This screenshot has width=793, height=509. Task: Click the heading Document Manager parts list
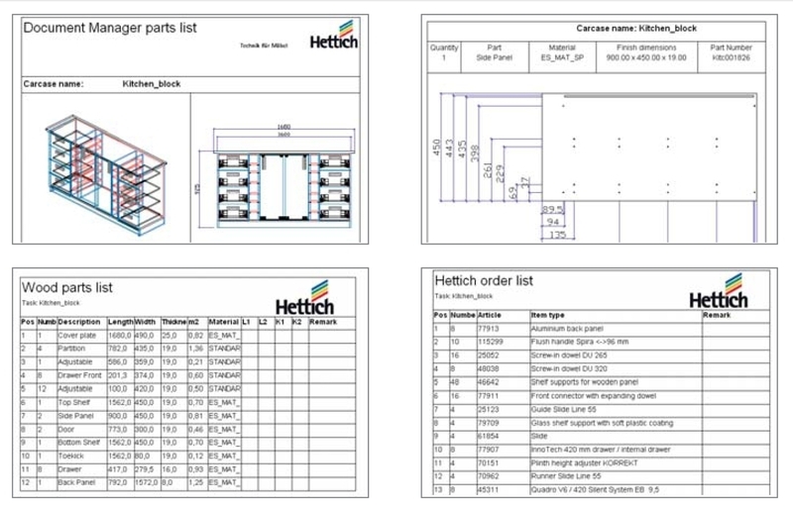click(x=109, y=29)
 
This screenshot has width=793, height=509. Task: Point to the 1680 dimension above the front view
click(x=283, y=127)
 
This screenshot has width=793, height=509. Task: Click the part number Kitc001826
click(x=732, y=58)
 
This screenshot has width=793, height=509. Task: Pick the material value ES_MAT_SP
click(x=561, y=58)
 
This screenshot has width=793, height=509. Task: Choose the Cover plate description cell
click(x=79, y=337)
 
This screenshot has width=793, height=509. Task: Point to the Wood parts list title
click(x=67, y=287)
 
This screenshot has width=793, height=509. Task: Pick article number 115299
click(x=491, y=341)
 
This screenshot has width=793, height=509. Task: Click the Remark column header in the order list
click(x=717, y=315)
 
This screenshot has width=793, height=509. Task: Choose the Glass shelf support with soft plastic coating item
click(x=602, y=421)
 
